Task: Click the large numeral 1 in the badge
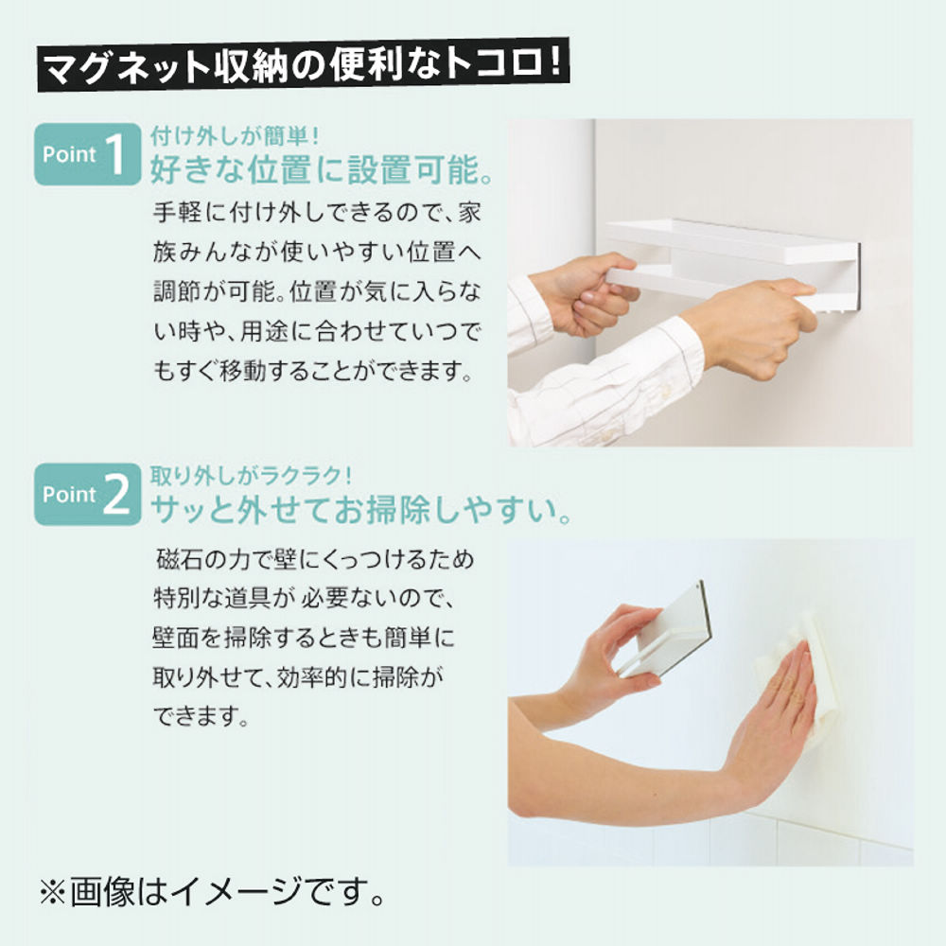(116, 154)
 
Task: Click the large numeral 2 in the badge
(116, 495)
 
